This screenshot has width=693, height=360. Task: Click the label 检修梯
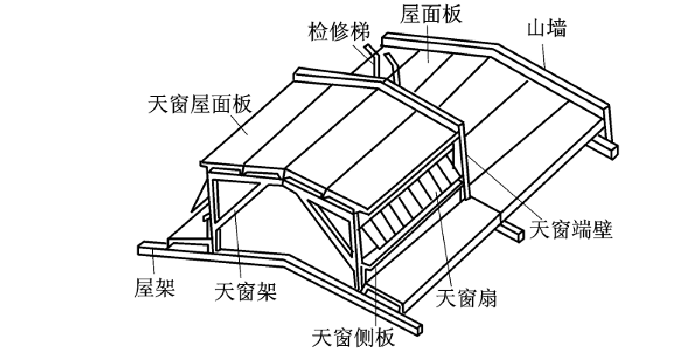pos(340,32)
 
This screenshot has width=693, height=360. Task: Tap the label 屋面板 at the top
pos(431,13)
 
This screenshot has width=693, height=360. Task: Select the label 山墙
pos(547,29)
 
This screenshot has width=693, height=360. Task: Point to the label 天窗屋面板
pos(199,104)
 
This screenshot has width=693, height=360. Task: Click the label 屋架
pos(154,287)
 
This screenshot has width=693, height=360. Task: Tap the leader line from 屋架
pos(154,264)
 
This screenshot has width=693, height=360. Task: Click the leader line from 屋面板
pos(427,43)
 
